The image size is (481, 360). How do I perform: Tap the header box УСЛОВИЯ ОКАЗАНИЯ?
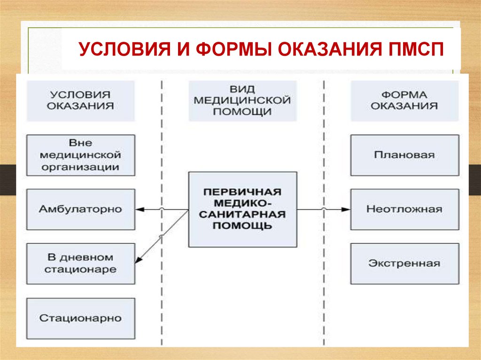click(x=80, y=100)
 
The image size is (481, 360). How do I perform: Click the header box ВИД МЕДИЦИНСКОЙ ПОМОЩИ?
click(x=242, y=100)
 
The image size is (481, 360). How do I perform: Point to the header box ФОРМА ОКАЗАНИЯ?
click(x=404, y=100)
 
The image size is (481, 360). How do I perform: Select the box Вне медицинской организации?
click(x=80, y=155)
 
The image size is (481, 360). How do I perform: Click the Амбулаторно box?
click(x=80, y=209)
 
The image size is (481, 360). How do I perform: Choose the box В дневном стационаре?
click(x=80, y=263)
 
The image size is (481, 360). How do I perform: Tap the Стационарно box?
click(x=80, y=318)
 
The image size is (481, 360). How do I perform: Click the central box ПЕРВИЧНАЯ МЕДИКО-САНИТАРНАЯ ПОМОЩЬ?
click(x=242, y=209)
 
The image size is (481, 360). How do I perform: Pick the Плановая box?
click(x=404, y=155)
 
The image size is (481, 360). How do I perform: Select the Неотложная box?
click(x=404, y=209)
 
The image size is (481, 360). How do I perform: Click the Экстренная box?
click(x=404, y=263)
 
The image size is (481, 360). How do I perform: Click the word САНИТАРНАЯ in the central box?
click(x=242, y=214)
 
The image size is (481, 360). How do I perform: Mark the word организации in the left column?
click(x=80, y=166)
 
